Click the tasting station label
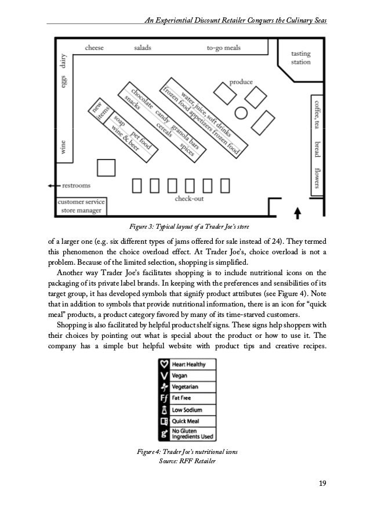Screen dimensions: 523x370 pyautogui.click(x=301, y=57)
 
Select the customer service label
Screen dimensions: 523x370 pyautogui.click(x=81, y=201)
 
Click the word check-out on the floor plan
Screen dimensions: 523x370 pyautogui.click(x=188, y=199)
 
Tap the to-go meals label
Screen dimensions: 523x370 pyautogui.click(x=223, y=48)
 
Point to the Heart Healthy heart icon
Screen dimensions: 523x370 pyautogui.click(x=164, y=365)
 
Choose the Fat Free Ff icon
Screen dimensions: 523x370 pyautogui.click(x=164, y=398)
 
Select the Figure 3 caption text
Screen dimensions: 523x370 pyautogui.click(x=184, y=226)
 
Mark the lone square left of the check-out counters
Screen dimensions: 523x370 pyautogui.click(x=106, y=167)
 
